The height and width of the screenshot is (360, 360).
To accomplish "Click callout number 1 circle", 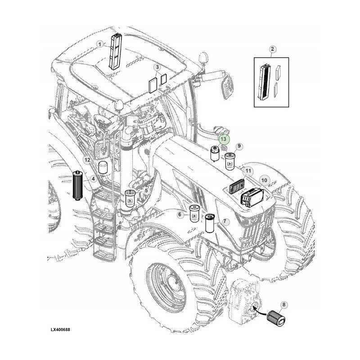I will pos(99,44).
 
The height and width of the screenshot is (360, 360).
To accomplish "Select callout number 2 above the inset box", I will pos(273,49).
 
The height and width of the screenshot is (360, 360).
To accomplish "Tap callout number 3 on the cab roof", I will pos(157,68).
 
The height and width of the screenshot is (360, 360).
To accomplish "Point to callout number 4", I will pos(92,179).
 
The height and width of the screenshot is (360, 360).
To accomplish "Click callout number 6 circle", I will pos(180,215).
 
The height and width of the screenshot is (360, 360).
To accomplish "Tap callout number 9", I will pos(239,146).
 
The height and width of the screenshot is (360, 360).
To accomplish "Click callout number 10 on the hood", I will pos(264,180).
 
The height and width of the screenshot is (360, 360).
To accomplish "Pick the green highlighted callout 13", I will pos(224,139).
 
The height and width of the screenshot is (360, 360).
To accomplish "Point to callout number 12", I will pos(88,160).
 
